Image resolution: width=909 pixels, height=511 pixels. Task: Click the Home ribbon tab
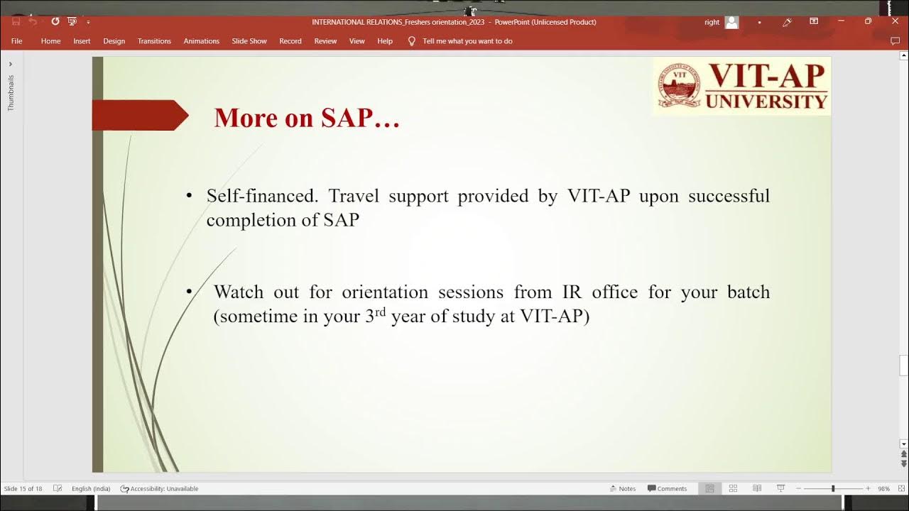[x=50, y=41]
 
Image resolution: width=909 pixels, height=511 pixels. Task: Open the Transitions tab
[x=154, y=41]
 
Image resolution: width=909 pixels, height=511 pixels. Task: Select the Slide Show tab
[x=249, y=41]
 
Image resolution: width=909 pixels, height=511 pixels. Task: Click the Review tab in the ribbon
[x=325, y=41]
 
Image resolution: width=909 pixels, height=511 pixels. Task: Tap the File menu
[x=17, y=41]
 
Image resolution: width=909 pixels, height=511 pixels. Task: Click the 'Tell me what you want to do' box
[x=467, y=41]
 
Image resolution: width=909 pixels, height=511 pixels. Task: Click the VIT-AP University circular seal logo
[x=679, y=86]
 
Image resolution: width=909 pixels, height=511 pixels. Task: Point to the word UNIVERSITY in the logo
[x=766, y=101]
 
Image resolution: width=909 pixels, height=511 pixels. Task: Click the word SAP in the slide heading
[x=347, y=118]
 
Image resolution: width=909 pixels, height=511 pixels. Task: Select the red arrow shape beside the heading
[x=139, y=115]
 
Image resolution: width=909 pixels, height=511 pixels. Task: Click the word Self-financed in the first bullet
[x=262, y=196]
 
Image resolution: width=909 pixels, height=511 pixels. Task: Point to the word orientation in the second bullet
[x=385, y=292]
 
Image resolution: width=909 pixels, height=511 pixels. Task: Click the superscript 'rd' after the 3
[x=381, y=312]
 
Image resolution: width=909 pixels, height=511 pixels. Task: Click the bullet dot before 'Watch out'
[x=189, y=292]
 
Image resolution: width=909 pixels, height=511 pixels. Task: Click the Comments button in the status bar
[x=667, y=488]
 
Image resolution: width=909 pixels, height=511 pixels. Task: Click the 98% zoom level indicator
[x=883, y=488]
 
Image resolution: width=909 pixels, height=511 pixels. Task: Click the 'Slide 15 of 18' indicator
[x=23, y=488]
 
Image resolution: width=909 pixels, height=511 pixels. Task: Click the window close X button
[x=895, y=21]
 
